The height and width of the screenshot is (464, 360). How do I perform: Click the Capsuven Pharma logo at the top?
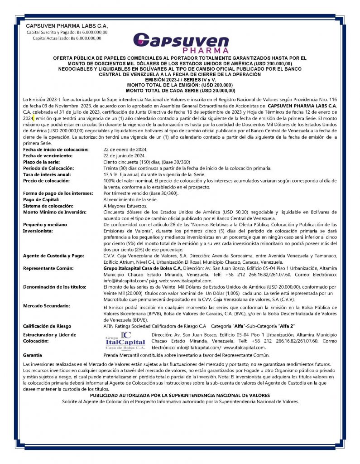click(x=187, y=42)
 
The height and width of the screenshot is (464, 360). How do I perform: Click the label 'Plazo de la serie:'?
click(x=41, y=162)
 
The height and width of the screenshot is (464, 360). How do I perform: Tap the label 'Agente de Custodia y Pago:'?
click(x=53, y=256)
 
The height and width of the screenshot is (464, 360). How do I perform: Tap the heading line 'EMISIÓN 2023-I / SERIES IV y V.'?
click(x=180, y=79)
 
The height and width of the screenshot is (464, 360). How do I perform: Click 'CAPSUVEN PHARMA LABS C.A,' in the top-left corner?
click(x=67, y=26)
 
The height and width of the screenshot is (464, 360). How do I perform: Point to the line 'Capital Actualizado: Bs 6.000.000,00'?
click(x=67, y=38)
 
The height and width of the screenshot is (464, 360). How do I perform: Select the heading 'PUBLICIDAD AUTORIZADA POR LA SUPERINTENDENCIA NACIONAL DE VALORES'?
click(x=180, y=396)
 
